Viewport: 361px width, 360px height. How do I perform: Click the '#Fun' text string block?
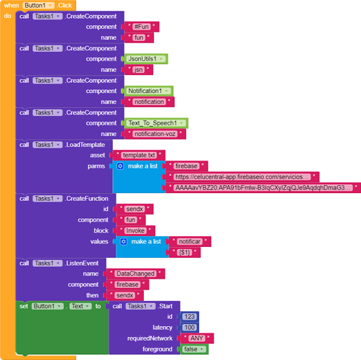pyautogui.click(x=142, y=27)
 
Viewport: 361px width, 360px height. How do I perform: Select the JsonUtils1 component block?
pyautogui.click(x=146, y=59)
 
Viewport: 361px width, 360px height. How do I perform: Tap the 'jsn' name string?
pyautogui.click(x=139, y=70)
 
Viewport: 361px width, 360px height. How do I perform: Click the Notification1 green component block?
pyautogui.click(x=149, y=91)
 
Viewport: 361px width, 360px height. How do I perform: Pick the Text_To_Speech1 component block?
pyautogui.click(x=156, y=123)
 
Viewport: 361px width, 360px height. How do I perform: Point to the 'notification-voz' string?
pyautogui.click(x=155, y=134)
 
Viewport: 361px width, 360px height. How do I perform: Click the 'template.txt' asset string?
pyautogui.click(x=139, y=156)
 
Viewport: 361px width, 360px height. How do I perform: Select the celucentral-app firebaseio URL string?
pyautogui.click(x=242, y=177)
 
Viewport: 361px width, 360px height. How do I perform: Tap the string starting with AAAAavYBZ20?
pyautogui.click(x=263, y=188)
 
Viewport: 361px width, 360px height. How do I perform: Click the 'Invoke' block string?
pyautogui.click(x=135, y=230)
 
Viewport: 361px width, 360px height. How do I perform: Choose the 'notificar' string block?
pyautogui.click(x=190, y=241)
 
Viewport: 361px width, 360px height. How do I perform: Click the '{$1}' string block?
pyautogui.click(x=185, y=252)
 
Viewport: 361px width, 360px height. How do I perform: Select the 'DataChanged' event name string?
pyautogui.click(x=135, y=274)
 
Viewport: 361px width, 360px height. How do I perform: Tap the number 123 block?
pyautogui.click(x=189, y=317)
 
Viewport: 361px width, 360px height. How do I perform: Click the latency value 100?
pyautogui.click(x=189, y=328)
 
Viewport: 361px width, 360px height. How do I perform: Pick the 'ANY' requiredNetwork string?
pyautogui.click(x=197, y=338)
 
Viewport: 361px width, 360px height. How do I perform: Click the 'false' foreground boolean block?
pyautogui.click(x=193, y=349)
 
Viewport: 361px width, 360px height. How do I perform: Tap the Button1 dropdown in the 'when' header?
pyautogui.click(x=38, y=5)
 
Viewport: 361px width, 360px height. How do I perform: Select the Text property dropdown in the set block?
pyautogui.click(x=81, y=306)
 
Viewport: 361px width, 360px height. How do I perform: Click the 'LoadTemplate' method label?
pyautogui.click(x=86, y=145)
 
